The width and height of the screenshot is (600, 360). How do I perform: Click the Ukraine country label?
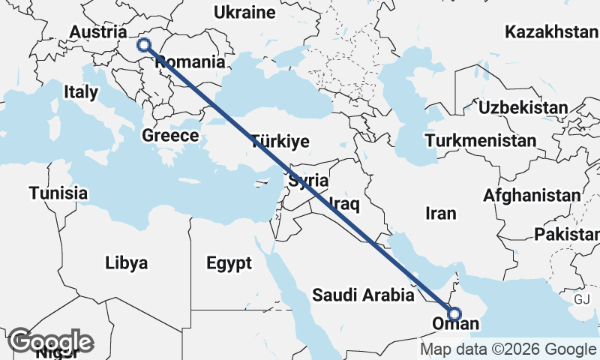point(244,13)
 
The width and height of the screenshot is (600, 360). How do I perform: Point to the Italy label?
point(81,92)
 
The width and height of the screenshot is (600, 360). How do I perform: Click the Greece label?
point(170,136)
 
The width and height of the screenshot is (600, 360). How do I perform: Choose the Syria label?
point(308,180)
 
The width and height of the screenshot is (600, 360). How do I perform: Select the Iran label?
point(440,214)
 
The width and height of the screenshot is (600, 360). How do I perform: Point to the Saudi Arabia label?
point(364,295)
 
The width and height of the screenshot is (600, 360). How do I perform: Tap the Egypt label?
point(228,263)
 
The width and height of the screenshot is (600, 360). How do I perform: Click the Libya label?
point(126,263)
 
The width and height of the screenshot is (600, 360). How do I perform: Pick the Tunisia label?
point(58,193)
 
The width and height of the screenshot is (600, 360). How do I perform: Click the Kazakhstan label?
point(551,32)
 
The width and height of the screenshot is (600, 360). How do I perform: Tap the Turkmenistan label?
point(480,140)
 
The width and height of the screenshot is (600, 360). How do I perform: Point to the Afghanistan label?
point(532,196)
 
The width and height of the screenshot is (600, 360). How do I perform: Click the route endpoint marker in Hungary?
point(144,45)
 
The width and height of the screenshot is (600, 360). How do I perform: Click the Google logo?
point(50,341)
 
